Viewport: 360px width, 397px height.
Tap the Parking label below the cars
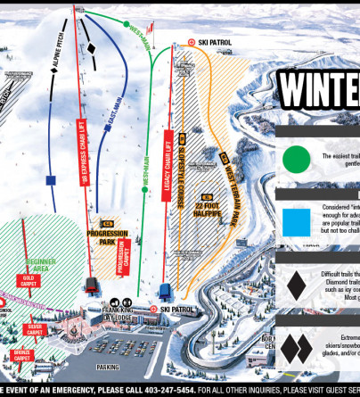click(x=110, y=366)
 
